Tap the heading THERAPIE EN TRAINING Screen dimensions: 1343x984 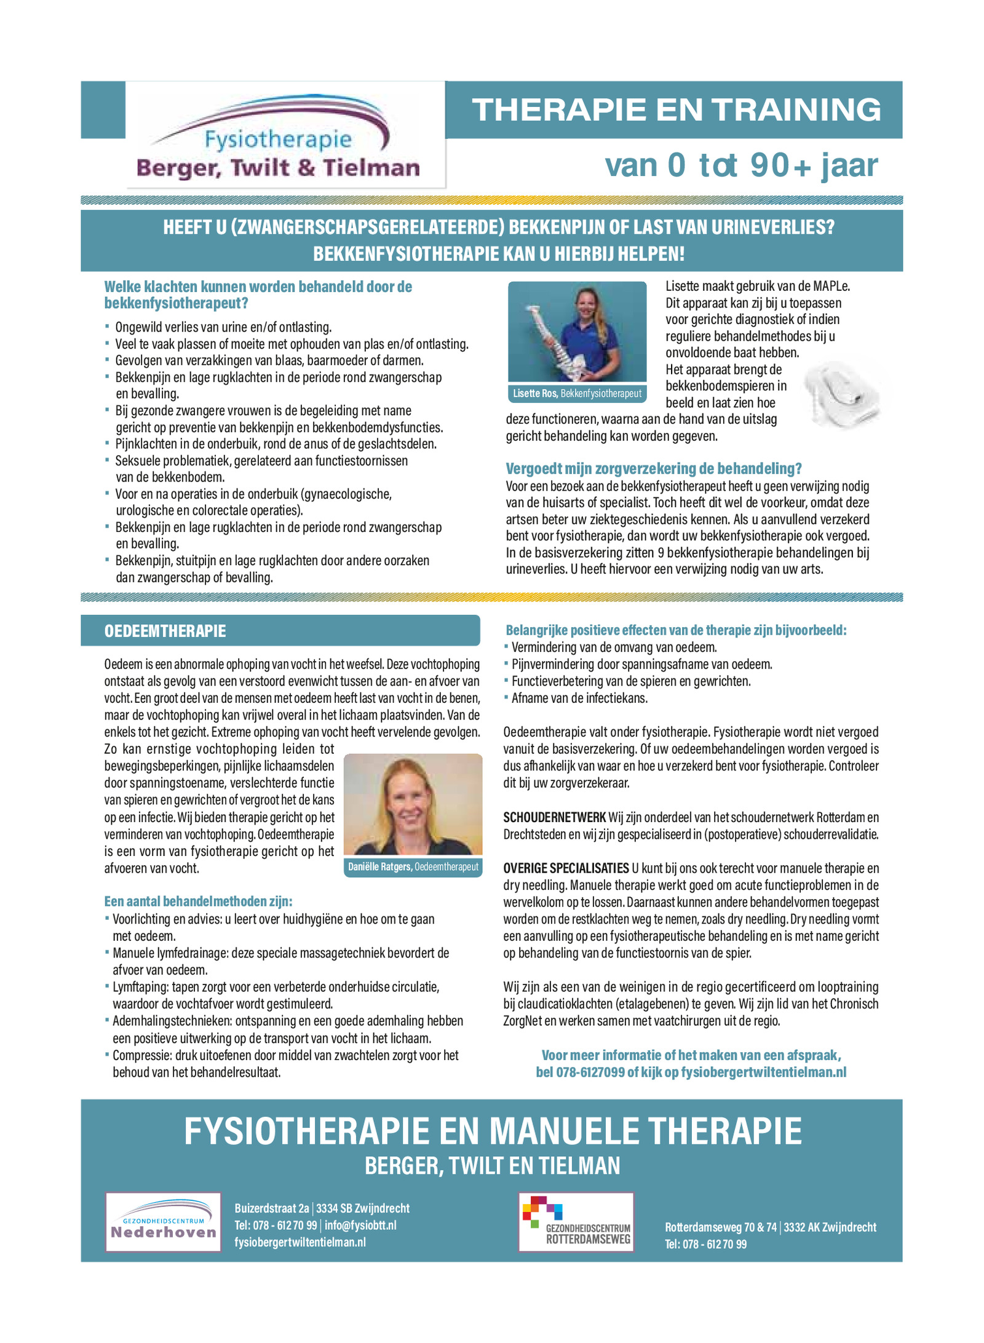pos(676,110)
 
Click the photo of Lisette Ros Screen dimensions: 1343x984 pos(577,332)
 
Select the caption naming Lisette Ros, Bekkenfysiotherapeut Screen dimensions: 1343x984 pos(577,394)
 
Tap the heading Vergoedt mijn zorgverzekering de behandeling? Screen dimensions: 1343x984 pos(653,469)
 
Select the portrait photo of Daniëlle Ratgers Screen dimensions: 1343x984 pos(413,804)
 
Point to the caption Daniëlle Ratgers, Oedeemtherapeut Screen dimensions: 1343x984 pos(413,867)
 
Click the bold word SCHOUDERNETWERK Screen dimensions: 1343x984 pos(554,817)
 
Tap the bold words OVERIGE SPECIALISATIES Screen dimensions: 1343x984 pos(566,868)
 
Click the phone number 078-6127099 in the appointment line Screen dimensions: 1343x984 pos(590,1072)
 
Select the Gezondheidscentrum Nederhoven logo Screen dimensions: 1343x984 pos(163,1222)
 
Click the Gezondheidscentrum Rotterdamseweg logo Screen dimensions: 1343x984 pos(576,1222)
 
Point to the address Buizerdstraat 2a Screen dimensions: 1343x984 pos(271,1208)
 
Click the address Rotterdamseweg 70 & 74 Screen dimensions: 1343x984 pos(720,1227)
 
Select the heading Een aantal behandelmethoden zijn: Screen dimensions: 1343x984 pos(198,901)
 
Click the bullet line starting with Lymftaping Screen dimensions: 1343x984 pos(276,987)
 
